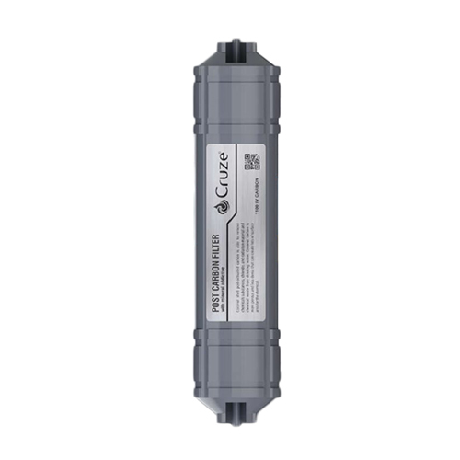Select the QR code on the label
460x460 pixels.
[x=252, y=162]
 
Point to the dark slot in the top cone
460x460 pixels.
[x=230, y=55]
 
